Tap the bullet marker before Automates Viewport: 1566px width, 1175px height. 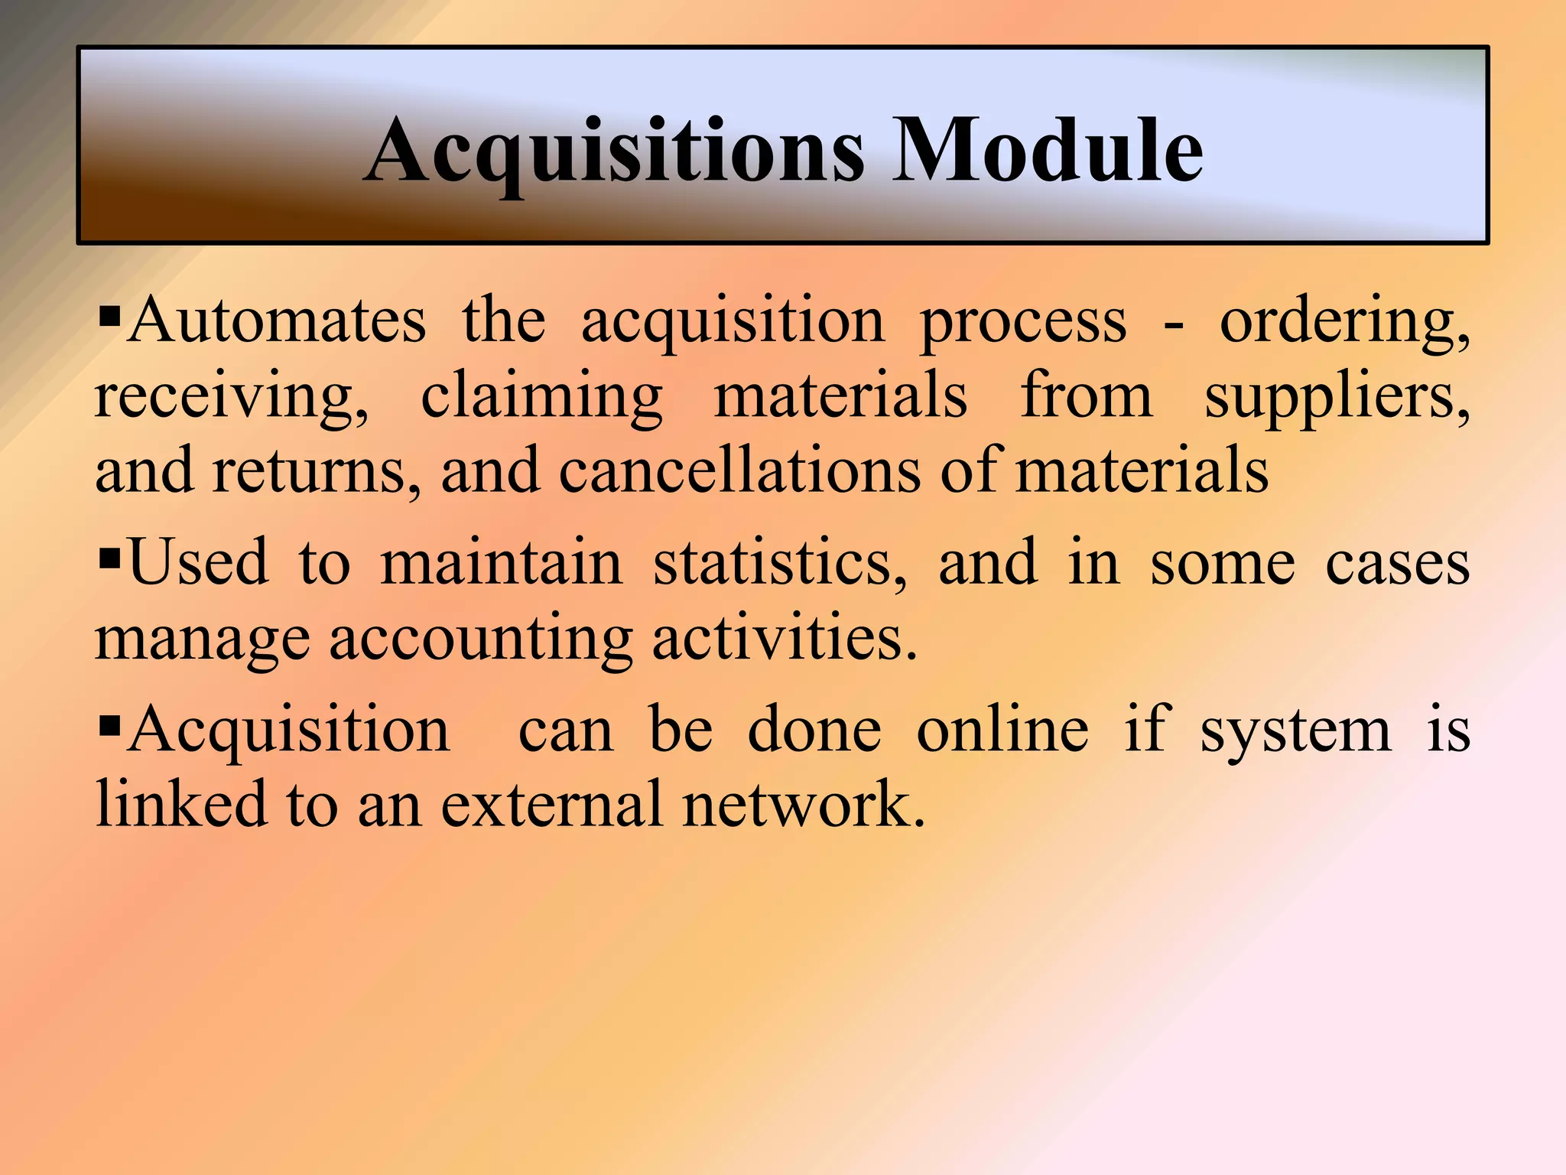pos(110,314)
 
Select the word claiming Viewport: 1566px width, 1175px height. pos(541,398)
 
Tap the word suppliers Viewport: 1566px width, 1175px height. pos(1337,398)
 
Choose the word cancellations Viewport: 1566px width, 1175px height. pos(739,471)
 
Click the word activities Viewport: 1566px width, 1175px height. pos(784,638)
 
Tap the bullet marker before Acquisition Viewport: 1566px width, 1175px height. pos(110,724)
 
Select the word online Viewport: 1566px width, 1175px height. pos(1002,730)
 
